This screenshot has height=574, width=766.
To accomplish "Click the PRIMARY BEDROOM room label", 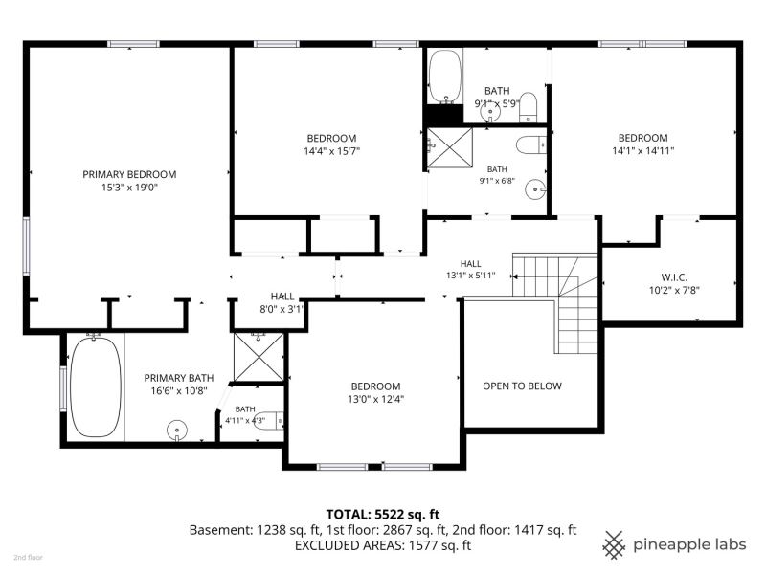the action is coord(129,174).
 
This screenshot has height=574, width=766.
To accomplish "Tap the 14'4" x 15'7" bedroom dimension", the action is coord(331,151).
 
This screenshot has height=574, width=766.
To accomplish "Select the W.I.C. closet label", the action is coord(674,277).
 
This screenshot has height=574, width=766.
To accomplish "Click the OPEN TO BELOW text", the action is coord(522,386).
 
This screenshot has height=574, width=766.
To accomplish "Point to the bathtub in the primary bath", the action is coord(95,386).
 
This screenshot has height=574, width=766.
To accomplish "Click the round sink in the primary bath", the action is coord(177,430).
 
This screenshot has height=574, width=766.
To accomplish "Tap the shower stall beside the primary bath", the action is coord(259,357).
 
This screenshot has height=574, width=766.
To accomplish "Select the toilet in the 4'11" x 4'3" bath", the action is coord(270,421).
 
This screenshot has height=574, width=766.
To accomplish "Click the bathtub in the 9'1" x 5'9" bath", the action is coord(444,77).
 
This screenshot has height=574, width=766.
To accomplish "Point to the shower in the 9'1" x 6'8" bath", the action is coord(450,147).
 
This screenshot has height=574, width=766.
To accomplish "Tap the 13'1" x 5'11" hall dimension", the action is coord(470,276).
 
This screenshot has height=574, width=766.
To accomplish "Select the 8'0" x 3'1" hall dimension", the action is coord(282,309).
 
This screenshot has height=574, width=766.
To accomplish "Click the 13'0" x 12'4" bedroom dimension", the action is coord(375,399).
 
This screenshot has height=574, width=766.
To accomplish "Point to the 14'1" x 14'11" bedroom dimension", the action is coord(642,151).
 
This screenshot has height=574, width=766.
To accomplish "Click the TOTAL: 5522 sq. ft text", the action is coord(383,514).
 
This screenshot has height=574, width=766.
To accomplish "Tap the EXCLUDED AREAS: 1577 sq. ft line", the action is coord(383,545).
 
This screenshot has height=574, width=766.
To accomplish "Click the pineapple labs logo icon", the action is coord(614,544).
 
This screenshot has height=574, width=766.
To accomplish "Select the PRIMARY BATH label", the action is coord(179,378).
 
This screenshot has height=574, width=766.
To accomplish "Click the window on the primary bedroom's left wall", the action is coord(27,247).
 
